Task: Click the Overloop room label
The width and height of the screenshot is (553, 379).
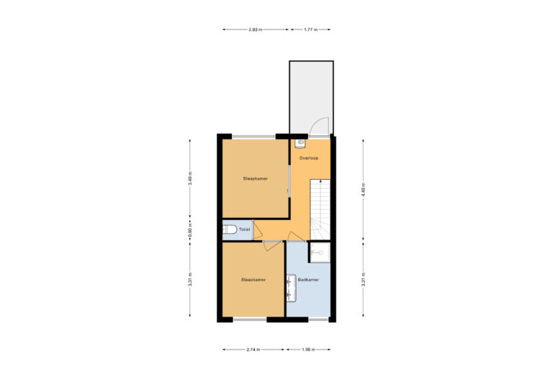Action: tap(309, 157)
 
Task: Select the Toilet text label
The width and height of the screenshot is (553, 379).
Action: tap(244, 230)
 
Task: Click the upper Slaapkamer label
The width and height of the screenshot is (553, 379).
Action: tap(256, 178)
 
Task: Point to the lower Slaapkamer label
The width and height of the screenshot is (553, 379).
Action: tap(253, 279)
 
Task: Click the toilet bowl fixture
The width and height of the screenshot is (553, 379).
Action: tap(229, 230)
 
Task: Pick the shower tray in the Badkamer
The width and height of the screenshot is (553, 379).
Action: tap(318, 252)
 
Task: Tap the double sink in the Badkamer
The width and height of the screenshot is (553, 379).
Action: tap(290, 287)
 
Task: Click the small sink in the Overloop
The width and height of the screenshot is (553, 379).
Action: tap(301, 143)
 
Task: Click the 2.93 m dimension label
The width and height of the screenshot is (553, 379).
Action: tap(254, 30)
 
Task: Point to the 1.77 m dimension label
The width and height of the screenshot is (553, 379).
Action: tap(311, 30)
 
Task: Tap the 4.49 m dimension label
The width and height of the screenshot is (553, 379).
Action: tap(364, 190)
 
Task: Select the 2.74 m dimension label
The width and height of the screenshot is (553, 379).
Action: tap(253, 350)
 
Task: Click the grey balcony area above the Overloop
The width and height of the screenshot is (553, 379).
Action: tap(310, 93)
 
